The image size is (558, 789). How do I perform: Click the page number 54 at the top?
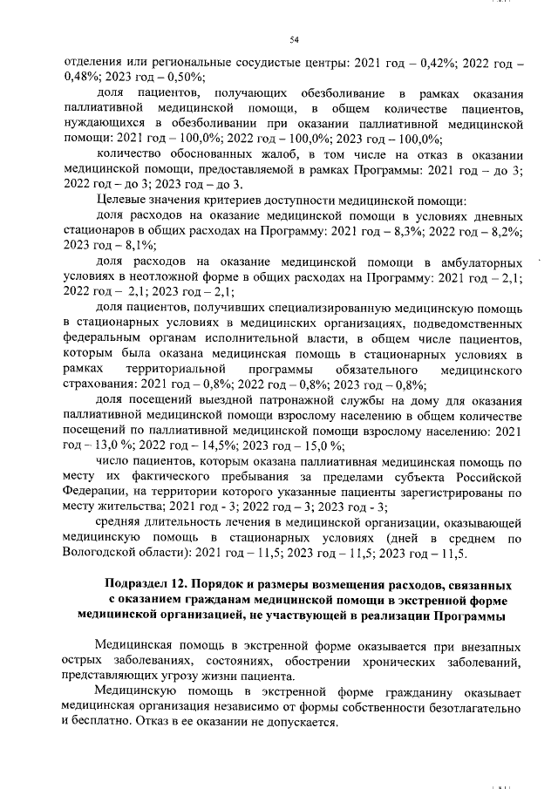click(x=294, y=38)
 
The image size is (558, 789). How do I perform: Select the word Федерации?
click(x=99, y=493)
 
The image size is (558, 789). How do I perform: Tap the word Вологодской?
click(x=106, y=554)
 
